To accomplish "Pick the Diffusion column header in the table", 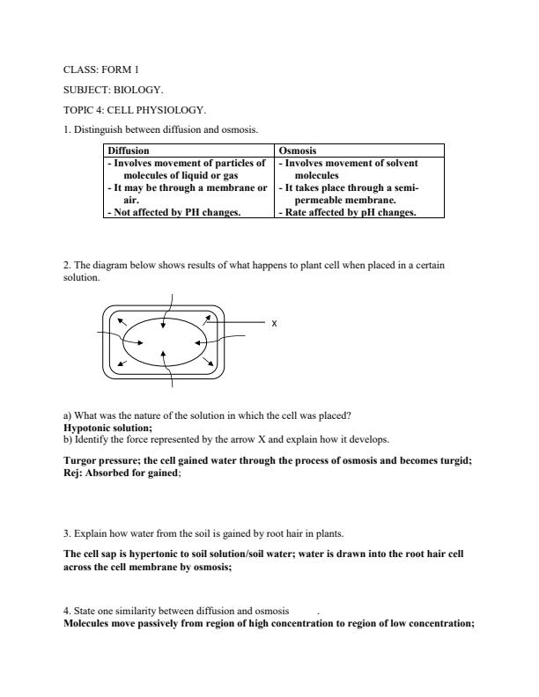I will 129,151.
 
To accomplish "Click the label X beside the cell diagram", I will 274,324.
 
